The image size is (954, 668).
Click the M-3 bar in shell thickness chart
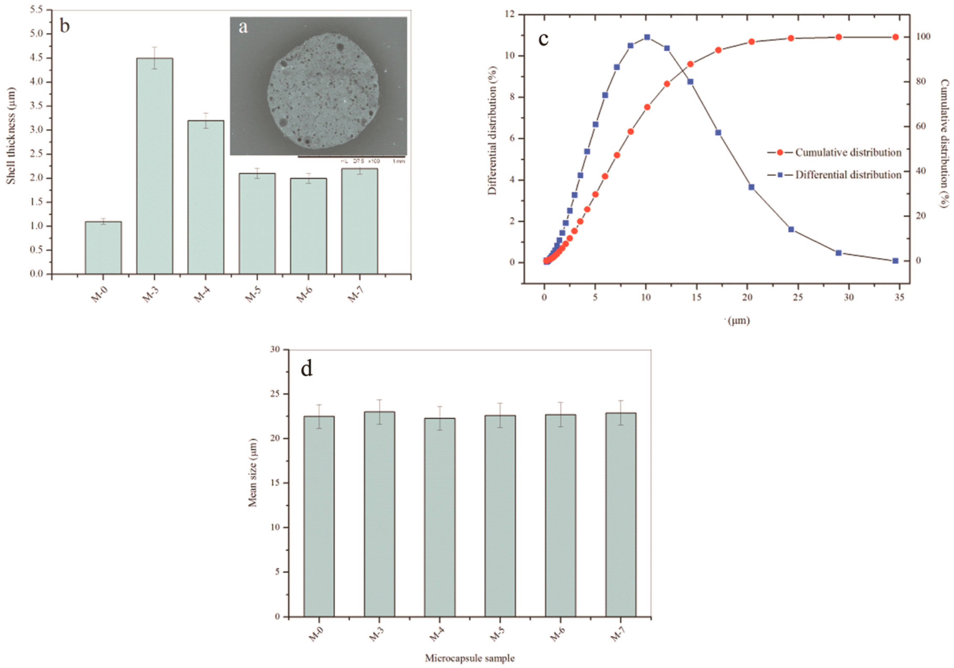tap(155, 166)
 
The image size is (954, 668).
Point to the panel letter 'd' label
tap(307, 369)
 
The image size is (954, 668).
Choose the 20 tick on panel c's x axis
tap(747, 298)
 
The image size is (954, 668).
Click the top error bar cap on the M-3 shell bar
tap(155, 47)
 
